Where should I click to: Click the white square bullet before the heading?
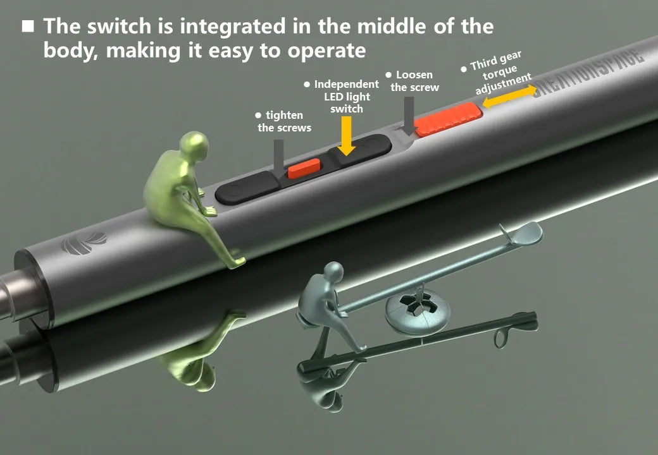(x=28, y=26)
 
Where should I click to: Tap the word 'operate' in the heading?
(x=327, y=51)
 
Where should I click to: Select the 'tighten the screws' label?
(x=283, y=121)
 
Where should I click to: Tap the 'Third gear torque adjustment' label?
(x=497, y=73)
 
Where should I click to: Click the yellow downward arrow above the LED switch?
(x=346, y=135)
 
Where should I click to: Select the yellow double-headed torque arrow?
(x=509, y=96)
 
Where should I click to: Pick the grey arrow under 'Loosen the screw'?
(x=408, y=116)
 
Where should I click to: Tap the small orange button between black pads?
(x=304, y=169)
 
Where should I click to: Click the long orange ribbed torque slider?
(x=448, y=120)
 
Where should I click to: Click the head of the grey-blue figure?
(x=333, y=273)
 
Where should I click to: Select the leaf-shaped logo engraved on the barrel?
(x=84, y=243)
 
